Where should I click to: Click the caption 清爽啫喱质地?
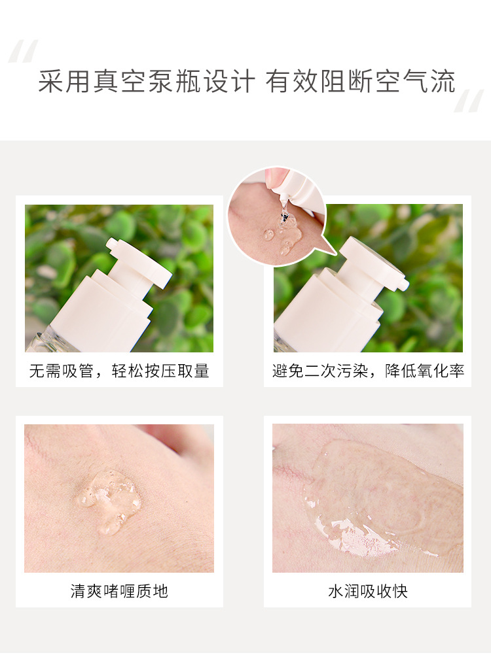pos(119,591)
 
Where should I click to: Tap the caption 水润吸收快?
pos(368,591)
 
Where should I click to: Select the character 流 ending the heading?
pos(443,81)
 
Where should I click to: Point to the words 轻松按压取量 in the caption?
pos(160,371)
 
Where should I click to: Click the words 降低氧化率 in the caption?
pos(424,371)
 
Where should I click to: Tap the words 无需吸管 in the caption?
pos(61,371)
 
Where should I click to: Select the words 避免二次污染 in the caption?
pos(320,371)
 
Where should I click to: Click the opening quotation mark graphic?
pos(24,51)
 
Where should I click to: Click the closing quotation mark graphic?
pos(469,101)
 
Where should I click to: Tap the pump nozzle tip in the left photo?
pos(112,243)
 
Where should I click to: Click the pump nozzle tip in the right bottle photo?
pos(403,284)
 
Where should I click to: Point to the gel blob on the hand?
pos(109,499)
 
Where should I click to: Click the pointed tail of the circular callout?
pos(335,254)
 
